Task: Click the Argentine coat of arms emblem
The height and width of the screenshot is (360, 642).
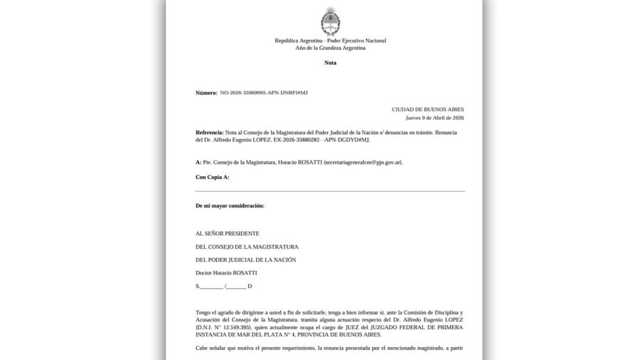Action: pos(330,21)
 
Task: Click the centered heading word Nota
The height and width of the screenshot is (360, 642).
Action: pos(330,63)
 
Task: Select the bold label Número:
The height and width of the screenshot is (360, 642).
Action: pos(206,93)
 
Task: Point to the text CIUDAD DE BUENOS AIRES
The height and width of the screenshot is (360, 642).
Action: pos(428,109)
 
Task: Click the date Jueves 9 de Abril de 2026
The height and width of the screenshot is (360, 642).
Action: pos(434,118)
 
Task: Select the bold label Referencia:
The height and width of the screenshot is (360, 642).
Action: pos(209,133)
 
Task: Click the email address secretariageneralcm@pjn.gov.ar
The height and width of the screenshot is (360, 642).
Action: pos(362,163)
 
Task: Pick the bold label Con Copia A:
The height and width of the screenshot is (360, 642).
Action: pos(212,176)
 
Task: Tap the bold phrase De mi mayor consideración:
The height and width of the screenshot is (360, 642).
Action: pos(230,205)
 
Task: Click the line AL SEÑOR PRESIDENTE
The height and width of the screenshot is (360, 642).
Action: pos(228,234)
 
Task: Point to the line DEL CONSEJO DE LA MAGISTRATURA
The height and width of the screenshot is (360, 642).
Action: pos(247,247)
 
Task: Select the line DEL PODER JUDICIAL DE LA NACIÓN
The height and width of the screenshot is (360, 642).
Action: pos(245,259)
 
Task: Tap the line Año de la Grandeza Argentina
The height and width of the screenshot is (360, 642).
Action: pos(330,48)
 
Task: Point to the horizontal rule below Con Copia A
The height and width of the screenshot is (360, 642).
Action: pos(330,191)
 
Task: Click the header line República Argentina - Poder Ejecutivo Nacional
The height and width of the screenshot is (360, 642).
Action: pos(330,41)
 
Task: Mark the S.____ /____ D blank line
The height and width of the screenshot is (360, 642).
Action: pos(223,286)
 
